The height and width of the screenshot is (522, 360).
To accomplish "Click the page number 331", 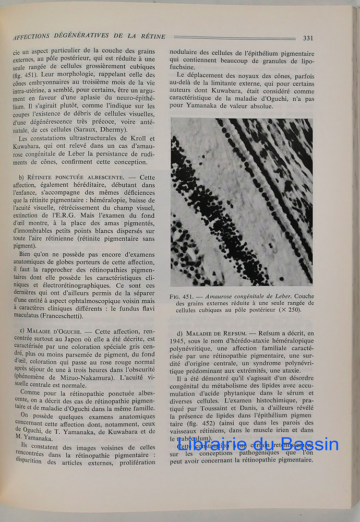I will (x=308, y=38).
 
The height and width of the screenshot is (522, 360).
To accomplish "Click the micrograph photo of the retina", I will (x=242, y=201).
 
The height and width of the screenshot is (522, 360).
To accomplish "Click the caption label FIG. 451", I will (x=183, y=296).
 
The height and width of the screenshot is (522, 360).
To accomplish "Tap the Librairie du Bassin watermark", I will (x=258, y=444).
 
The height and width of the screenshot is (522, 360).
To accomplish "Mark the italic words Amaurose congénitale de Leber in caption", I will (x=243, y=296).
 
